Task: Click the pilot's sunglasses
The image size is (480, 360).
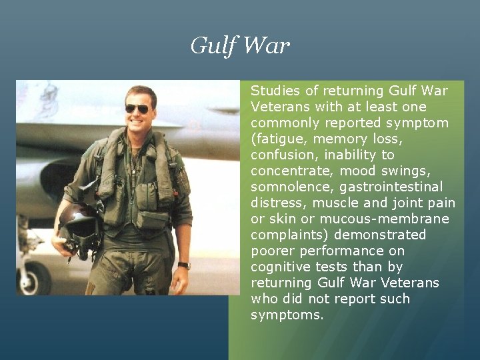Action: pos(138,109)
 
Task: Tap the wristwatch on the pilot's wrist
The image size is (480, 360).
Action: pos(184,265)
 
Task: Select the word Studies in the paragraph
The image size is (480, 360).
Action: pos(275,91)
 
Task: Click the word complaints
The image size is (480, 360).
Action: pos(289,235)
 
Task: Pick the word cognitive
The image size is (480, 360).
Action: pos(279,267)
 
